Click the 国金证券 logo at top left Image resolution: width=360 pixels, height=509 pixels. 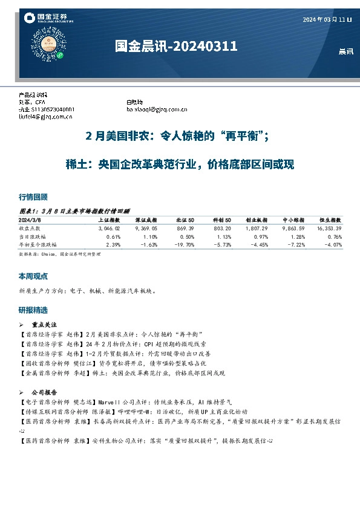48,19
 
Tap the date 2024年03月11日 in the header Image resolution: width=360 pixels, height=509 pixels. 327,20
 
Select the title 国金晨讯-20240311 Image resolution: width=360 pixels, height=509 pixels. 176,47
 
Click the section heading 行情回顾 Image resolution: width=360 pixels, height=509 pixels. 33,198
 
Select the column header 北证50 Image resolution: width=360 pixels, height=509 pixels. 185,221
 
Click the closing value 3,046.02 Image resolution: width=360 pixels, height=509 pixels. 109,229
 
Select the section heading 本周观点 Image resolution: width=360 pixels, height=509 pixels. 33,276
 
